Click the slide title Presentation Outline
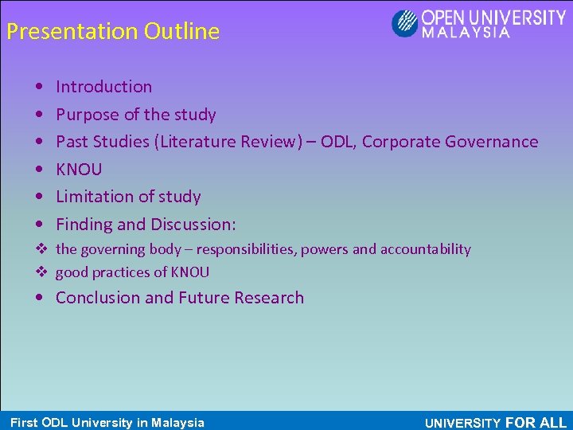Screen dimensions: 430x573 click(112, 32)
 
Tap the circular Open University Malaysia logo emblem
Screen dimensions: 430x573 click(404, 22)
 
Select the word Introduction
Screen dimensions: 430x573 click(103, 87)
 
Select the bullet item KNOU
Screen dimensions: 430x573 click(79, 169)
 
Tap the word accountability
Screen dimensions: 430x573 click(426, 249)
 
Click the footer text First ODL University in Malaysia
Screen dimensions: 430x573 click(107, 423)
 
